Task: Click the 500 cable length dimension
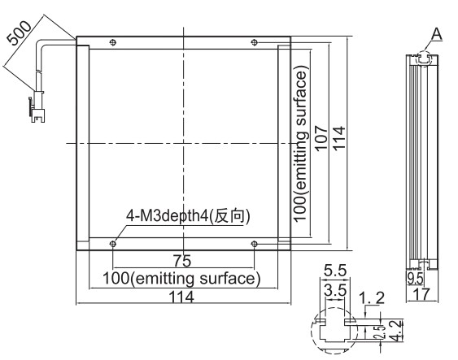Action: click(20, 33)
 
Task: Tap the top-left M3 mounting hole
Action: click(113, 42)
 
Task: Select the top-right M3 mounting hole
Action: click(255, 42)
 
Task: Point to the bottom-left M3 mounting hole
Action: click(113, 244)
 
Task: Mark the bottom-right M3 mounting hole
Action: click(255, 244)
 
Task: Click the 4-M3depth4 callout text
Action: click(188, 216)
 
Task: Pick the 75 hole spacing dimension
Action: click(182, 261)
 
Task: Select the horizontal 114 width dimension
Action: click(181, 297)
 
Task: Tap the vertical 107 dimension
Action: click(321, 138)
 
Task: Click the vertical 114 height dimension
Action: click(339, 139)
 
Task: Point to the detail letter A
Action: click(437, 34)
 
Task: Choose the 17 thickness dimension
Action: click(421, 294)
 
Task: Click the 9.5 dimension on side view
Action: click(415, 279)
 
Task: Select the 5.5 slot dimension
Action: click(335, 271)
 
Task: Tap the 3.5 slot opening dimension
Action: click(335, 290)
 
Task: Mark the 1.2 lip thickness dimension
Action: click(371, 298)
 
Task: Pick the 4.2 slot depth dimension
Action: click(397, 331)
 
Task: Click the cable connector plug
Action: click(37, 107)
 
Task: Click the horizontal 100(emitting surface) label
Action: click(181, 279)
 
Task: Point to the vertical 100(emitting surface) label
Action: click(300, 145)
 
